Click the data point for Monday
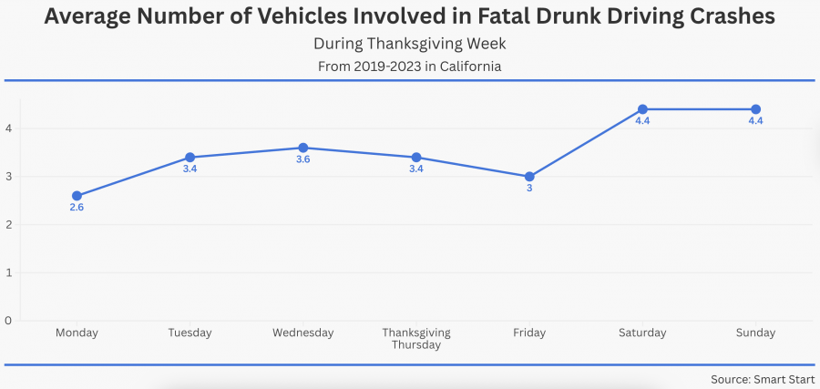[x=77, y=196]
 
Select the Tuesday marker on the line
[x=190, y=158]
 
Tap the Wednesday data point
[x=302, y=148]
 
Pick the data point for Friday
[x=529, y=177]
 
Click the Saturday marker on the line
[x=642, y=109]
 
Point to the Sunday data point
[x=755, y=109]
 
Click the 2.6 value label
[x=77, y=208]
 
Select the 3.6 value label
[x=302, y=160]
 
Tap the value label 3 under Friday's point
[x=529, y=189]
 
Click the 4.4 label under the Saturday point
[x=642, y=122]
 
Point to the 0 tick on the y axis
[x=7, y=321]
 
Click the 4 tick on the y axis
[x=7, y=128]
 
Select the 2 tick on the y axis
[x=7, y=225]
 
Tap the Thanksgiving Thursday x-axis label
[x=415, y=339]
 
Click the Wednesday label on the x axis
[x=302, y=333]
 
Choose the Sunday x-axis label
[x=755, y=333]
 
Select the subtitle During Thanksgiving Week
[x=409, y=44]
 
